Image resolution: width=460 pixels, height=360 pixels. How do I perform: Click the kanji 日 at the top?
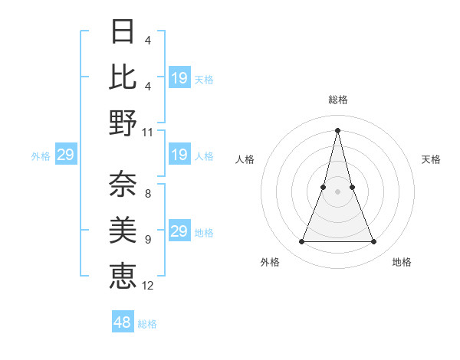[x=123, y=31]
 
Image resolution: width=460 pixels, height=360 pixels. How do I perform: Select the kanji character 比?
[x=123, y=77]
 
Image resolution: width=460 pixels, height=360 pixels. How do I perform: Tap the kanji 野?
[x=123, y=123]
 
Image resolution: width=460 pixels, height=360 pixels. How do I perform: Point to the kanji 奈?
[x=123, y=183]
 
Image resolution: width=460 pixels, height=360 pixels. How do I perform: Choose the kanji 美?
[x=123, y=228]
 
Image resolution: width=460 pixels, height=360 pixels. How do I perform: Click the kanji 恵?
[x=123, y=274]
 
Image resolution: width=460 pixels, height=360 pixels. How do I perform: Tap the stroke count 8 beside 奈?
[x=148, y=193]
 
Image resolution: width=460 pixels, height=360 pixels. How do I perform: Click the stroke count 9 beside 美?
[x=148, y=239]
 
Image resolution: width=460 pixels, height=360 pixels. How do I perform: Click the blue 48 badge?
[x=123, y=322]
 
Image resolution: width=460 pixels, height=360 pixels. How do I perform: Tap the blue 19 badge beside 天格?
[x=179, y=78]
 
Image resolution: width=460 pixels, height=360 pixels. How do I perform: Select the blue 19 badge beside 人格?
[x=179, y=155]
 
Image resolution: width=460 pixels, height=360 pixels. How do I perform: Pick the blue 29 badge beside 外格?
[x=65, y=155]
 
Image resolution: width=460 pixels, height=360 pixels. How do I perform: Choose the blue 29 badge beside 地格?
[x=179, y=231]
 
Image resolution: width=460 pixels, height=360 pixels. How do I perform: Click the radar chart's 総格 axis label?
[x=338, y=100]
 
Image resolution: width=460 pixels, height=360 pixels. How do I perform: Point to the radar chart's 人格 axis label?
[x=245, y=159]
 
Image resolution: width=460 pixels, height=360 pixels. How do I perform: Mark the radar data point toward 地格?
[x=374, y=242]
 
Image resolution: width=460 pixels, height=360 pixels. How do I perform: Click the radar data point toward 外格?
[x=301, y=242]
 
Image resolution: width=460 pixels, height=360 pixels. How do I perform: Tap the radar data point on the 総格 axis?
[x=338, y=129]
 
